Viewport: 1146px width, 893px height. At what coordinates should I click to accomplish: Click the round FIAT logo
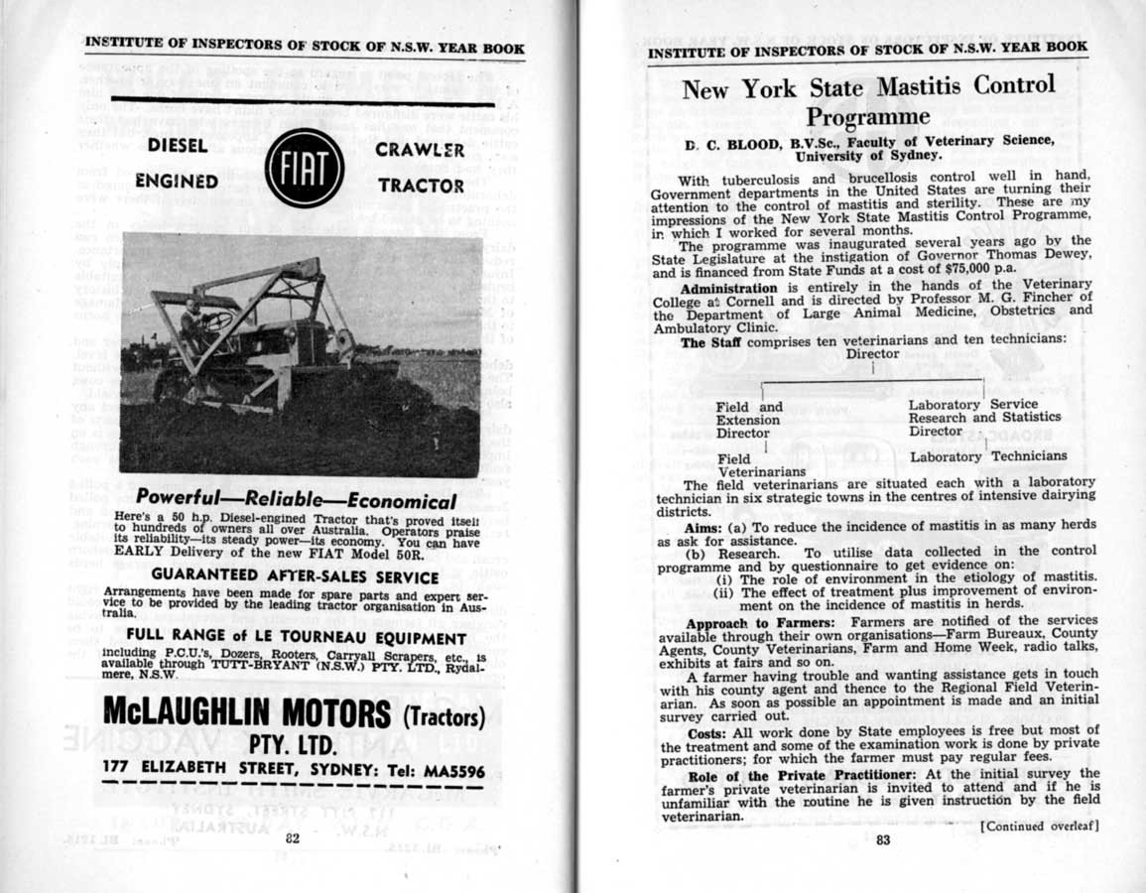305,167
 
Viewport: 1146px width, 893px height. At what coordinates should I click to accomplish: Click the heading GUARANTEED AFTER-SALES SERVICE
296,576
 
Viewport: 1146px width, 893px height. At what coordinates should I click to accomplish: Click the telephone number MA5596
448,770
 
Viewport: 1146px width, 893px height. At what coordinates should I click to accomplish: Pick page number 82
293,838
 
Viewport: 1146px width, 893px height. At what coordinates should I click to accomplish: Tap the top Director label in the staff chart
873,354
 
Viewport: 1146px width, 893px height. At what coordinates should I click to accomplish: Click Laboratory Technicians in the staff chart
988,456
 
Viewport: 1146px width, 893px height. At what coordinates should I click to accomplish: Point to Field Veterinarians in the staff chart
746,465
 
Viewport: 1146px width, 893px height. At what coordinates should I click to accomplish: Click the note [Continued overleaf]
1040,826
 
